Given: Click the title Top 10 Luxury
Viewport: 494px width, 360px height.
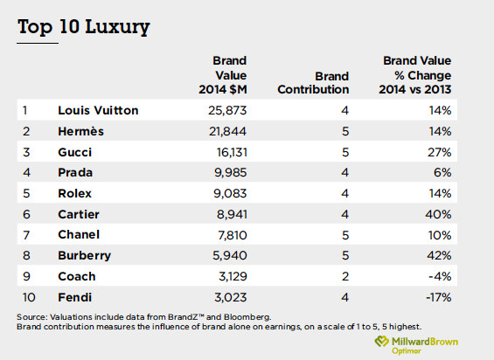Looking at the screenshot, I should pos(83,27).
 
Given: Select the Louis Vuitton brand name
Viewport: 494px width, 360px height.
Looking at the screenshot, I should pos(98,111).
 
